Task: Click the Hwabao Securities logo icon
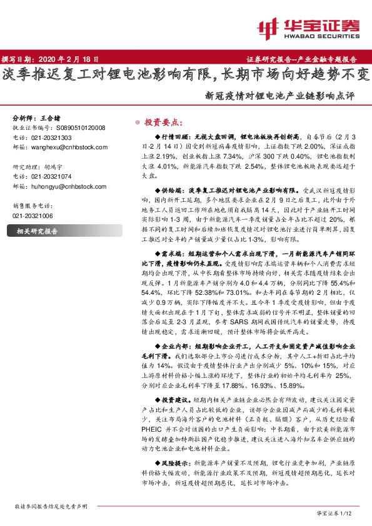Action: point(268,27)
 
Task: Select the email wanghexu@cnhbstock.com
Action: point(61,147)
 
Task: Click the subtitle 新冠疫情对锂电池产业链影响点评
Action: point(279,97)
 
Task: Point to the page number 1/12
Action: point(349,514)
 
